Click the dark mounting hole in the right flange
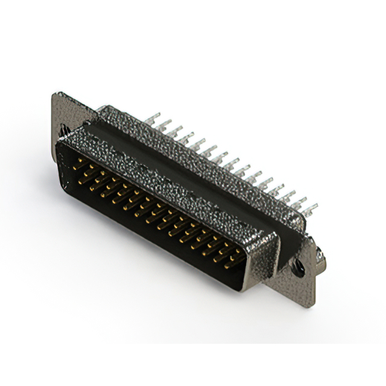[298, 268]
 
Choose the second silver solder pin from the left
[164, 124]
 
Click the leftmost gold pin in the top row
[78, 162]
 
